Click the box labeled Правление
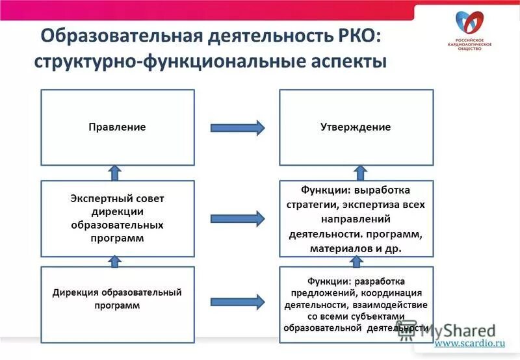pos(118,127)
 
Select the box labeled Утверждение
pos(356,127)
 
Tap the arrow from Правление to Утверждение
pos(237,127)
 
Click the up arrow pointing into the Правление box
pos(115,173)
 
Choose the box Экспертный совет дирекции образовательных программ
pos(118,218)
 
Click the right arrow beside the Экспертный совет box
pos(237,219)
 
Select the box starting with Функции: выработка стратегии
pos(356,219)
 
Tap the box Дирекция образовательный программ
pos(118,305)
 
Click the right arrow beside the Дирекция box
pos(237,302)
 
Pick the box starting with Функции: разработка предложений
pos(356,305)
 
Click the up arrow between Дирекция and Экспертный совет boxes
pos(115,261)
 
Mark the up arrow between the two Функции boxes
pos(356,261)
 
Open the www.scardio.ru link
pos(469,342)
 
